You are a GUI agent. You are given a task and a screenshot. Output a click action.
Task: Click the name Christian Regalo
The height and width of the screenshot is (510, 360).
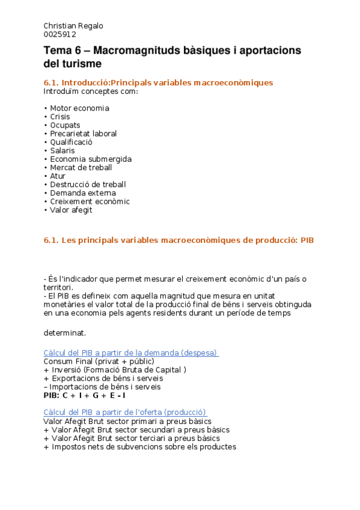[73, 26]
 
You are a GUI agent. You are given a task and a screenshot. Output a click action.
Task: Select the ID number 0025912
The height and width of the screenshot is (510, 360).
[59, 34]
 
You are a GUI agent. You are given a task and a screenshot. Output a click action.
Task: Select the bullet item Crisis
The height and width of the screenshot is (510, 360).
[60, 117]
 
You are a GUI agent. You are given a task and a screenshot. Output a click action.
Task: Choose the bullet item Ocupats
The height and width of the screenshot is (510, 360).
[65, 125]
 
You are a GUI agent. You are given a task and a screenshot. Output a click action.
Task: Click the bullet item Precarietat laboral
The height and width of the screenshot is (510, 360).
[83, 134]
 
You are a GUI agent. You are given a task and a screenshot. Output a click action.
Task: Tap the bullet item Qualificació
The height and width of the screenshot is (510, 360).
[71, 142]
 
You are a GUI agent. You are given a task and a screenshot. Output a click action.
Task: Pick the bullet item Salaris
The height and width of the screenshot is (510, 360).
[63, 150]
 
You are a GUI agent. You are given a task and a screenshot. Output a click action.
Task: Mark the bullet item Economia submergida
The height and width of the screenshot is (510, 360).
[90, 159]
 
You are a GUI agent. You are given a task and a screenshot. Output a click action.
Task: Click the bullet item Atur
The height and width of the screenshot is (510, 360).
[58, 176]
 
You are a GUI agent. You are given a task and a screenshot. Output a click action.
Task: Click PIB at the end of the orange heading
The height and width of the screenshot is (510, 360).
[307, 240]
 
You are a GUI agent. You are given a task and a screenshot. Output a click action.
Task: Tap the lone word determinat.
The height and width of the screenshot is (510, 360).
[65, 333]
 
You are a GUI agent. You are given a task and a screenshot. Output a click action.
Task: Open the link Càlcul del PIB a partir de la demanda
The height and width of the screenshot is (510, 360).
[130, 353]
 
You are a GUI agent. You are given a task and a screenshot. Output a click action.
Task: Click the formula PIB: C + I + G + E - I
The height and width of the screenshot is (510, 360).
[85, 395]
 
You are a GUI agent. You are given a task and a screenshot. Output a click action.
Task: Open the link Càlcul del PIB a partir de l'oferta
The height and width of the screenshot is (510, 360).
[125, 413]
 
